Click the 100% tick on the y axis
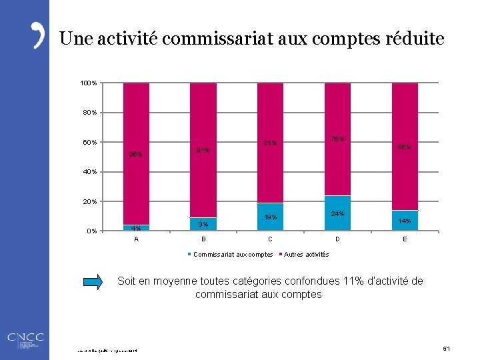[89, 83]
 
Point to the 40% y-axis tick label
[90, 172]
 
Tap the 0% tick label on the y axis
[92, 231]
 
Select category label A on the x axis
[136, 239]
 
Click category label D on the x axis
[337, 239]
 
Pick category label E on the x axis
[405, 239]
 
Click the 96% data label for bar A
[135, 155]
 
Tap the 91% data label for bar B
[203, 151]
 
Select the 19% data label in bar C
[270, 217]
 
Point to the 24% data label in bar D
[337, 214]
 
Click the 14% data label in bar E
[405, 221]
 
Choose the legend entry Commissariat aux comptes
[232, 255]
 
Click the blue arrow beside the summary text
[95, 283]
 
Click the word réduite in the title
[413, 39]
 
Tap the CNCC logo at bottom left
[25, 338]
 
